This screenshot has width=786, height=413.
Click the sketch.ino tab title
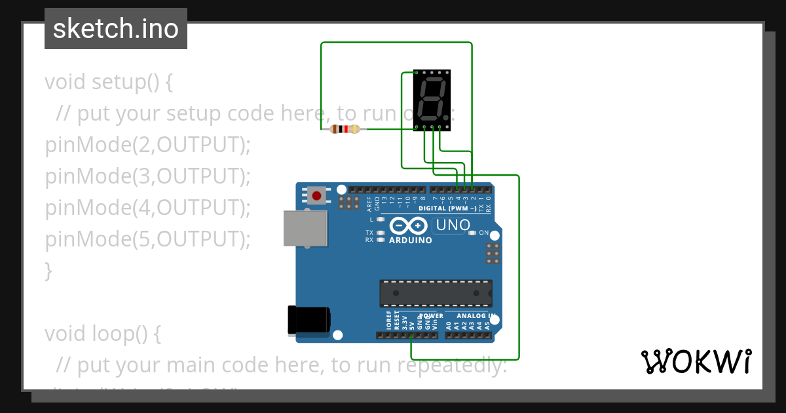tap(116, 29)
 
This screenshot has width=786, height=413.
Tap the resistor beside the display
tap(345, 129)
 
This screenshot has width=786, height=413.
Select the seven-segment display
tap(433, 100)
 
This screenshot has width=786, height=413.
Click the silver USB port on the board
tap(305, 228)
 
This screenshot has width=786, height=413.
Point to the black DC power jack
tap(309, 321)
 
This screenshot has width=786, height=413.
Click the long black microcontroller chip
tap(436, 293)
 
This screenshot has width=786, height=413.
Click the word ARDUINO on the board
tap(411, 241)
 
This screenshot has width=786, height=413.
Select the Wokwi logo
tap(696, 361)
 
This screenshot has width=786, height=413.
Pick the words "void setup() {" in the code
tap(109, 83)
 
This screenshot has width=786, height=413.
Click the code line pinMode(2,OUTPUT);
tap(148, 145)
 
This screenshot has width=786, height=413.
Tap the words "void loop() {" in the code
tap(103, 334)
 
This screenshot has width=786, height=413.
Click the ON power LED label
tap(483, 233)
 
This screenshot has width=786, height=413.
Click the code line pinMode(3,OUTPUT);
tap(148, 176)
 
